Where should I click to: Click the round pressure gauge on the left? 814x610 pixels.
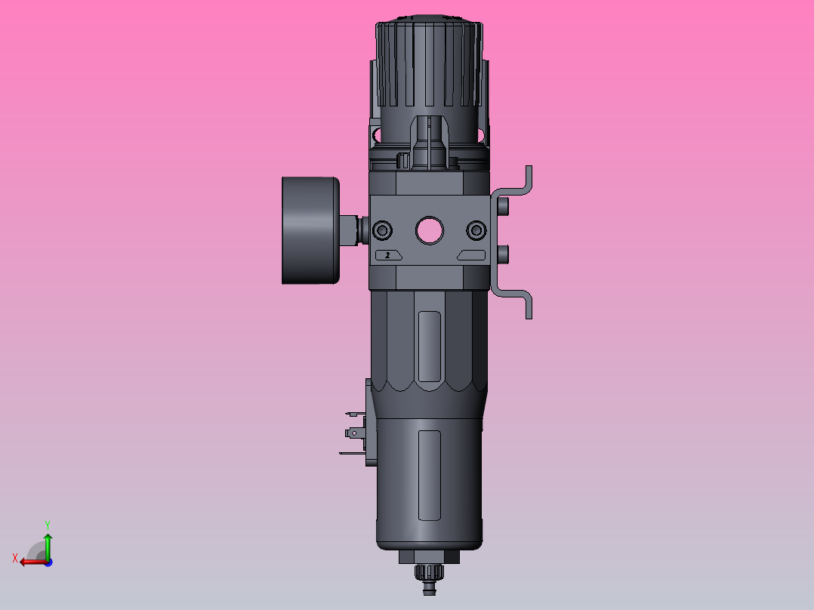pyautogui.click(x=310, y=230)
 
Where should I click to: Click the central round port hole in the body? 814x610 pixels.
pyautogui.click(x=429, y=230)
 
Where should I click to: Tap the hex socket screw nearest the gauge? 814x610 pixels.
pyautogui.click(x=383, y=230)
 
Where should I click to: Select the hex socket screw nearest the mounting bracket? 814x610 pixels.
pyautogui.click(x=476, y=230)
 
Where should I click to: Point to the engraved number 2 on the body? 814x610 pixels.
pyautogui.click(x=388, y=255)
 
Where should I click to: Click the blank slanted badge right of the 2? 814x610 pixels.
pyautogui.click(x=471, y=255)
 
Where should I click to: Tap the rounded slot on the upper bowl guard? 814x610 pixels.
pyautogui.click(x=429, y=347)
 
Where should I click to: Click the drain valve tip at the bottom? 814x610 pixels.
pyautogui.click(x=429, y=586)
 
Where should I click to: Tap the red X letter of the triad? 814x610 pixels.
pyautogui.click(x=15, y=558)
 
